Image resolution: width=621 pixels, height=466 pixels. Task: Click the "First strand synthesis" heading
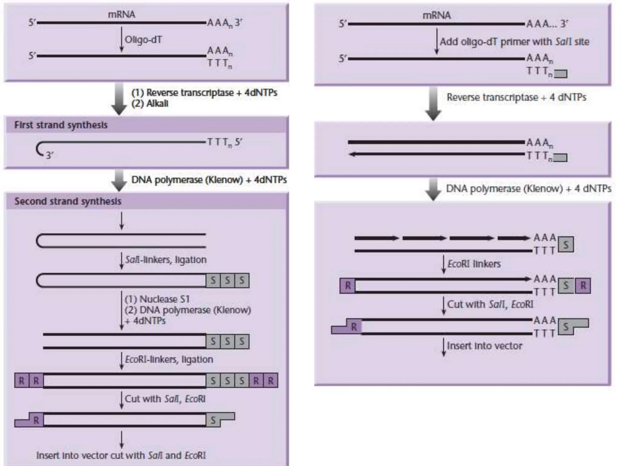pyautogui.click(x=61, y=125)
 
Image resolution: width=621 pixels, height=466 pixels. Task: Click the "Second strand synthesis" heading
pyautogui.click(x=68, y=201)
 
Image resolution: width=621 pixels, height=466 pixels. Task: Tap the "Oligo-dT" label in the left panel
pyautogui.click(x=143, y=40)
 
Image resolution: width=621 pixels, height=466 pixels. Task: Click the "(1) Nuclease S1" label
pyautogui.click(x=157, y=299)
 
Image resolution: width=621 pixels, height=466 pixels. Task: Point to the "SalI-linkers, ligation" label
pyautogui.click(x=166, y=260)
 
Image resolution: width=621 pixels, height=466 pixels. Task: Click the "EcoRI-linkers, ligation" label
pyautogui.click(x=169, y=360)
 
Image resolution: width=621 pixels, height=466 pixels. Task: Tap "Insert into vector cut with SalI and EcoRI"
pyautogui.click(x=121, y=455)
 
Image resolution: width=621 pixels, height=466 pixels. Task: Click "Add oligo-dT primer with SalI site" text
pyautogui.click(x=514, y=42)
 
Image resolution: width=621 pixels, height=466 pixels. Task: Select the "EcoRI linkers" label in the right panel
pyautogui.click(x=474, y=264)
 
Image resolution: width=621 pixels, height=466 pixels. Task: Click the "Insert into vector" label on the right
pyautogui.click(x=485, y=346)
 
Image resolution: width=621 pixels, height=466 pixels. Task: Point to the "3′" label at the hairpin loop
pyautogui.click(x=49, y=155)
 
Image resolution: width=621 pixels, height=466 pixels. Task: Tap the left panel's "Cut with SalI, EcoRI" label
pyautogui.click(x=165, y=399)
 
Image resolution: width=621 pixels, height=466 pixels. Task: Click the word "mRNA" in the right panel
pyautogui.click(x=436, y=15)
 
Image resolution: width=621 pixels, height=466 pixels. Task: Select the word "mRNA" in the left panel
pyautogui.click(x=122, y=14)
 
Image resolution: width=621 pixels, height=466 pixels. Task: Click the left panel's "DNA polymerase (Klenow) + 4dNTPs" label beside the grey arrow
pyautogui.click(x=209, y=180)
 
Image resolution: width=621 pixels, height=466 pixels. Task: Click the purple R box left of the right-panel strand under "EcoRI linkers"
pyautogui.click(x=347, y=285)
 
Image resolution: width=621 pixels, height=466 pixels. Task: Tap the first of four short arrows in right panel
pyautogui.click(x=376, y=238)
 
